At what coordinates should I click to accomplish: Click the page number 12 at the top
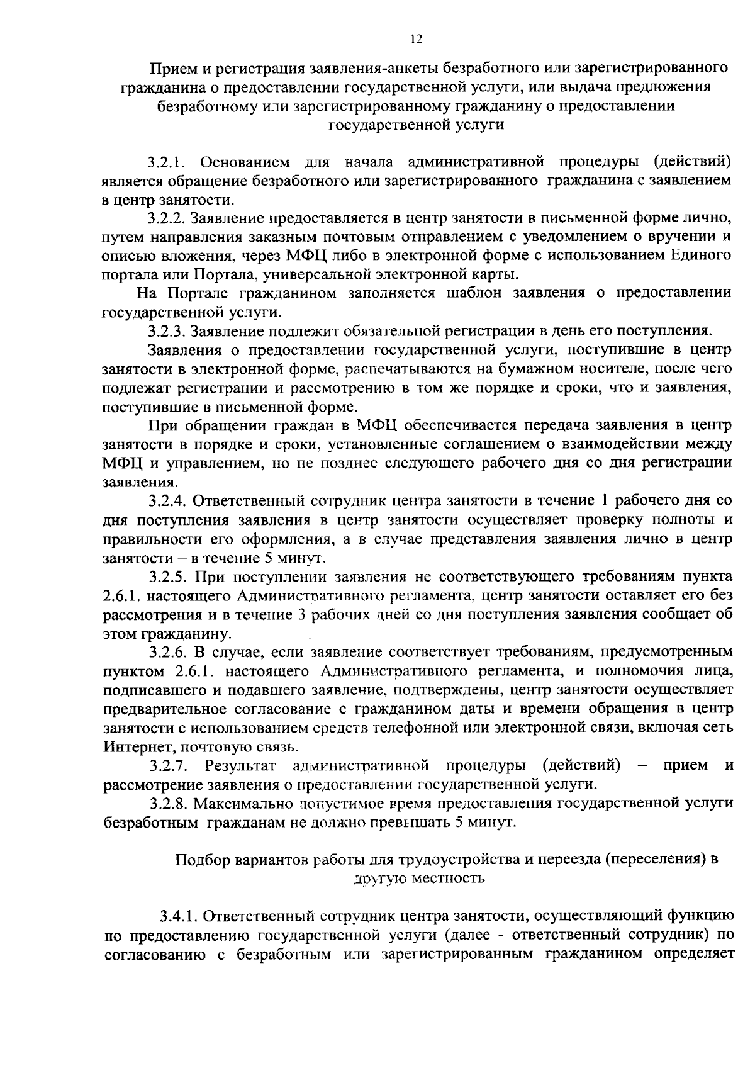click(415, 39)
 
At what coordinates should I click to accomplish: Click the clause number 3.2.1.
click(165, 162)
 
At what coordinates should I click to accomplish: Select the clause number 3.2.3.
click(167, 330)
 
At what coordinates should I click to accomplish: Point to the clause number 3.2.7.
click(169, 765)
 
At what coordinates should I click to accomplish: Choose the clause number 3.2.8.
click(169, 804)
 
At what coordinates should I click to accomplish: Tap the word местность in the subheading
click(448, 879)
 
